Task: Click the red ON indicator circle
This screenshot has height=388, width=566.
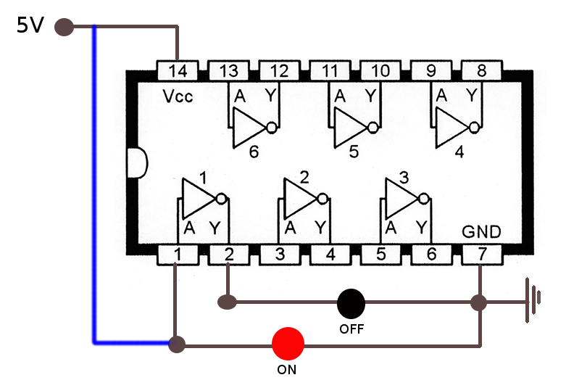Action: click(288, 344)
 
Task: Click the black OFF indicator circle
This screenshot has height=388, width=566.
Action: click(351, 302)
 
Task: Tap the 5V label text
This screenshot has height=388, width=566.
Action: click(30, 27)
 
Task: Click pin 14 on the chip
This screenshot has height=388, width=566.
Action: click(178, 70)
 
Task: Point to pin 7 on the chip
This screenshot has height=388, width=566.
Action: click(482, 255)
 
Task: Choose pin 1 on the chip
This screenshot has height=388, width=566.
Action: click(178, 255)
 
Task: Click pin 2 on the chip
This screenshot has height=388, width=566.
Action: click(228, 255)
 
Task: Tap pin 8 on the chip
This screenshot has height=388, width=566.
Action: click(482, 70)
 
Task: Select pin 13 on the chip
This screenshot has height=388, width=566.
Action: click(228, 70)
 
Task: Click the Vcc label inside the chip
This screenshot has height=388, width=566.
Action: click(178, 96)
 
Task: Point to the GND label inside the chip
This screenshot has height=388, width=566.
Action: click(481, 231)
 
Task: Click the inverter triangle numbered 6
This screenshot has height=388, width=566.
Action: click(249, 128)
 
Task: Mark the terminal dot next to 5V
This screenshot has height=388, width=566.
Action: click(64, 28)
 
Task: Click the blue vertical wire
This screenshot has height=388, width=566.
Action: click(93, 181)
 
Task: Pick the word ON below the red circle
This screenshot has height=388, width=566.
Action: click(287, 369)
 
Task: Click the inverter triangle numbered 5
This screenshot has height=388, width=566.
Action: click(350, 128)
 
